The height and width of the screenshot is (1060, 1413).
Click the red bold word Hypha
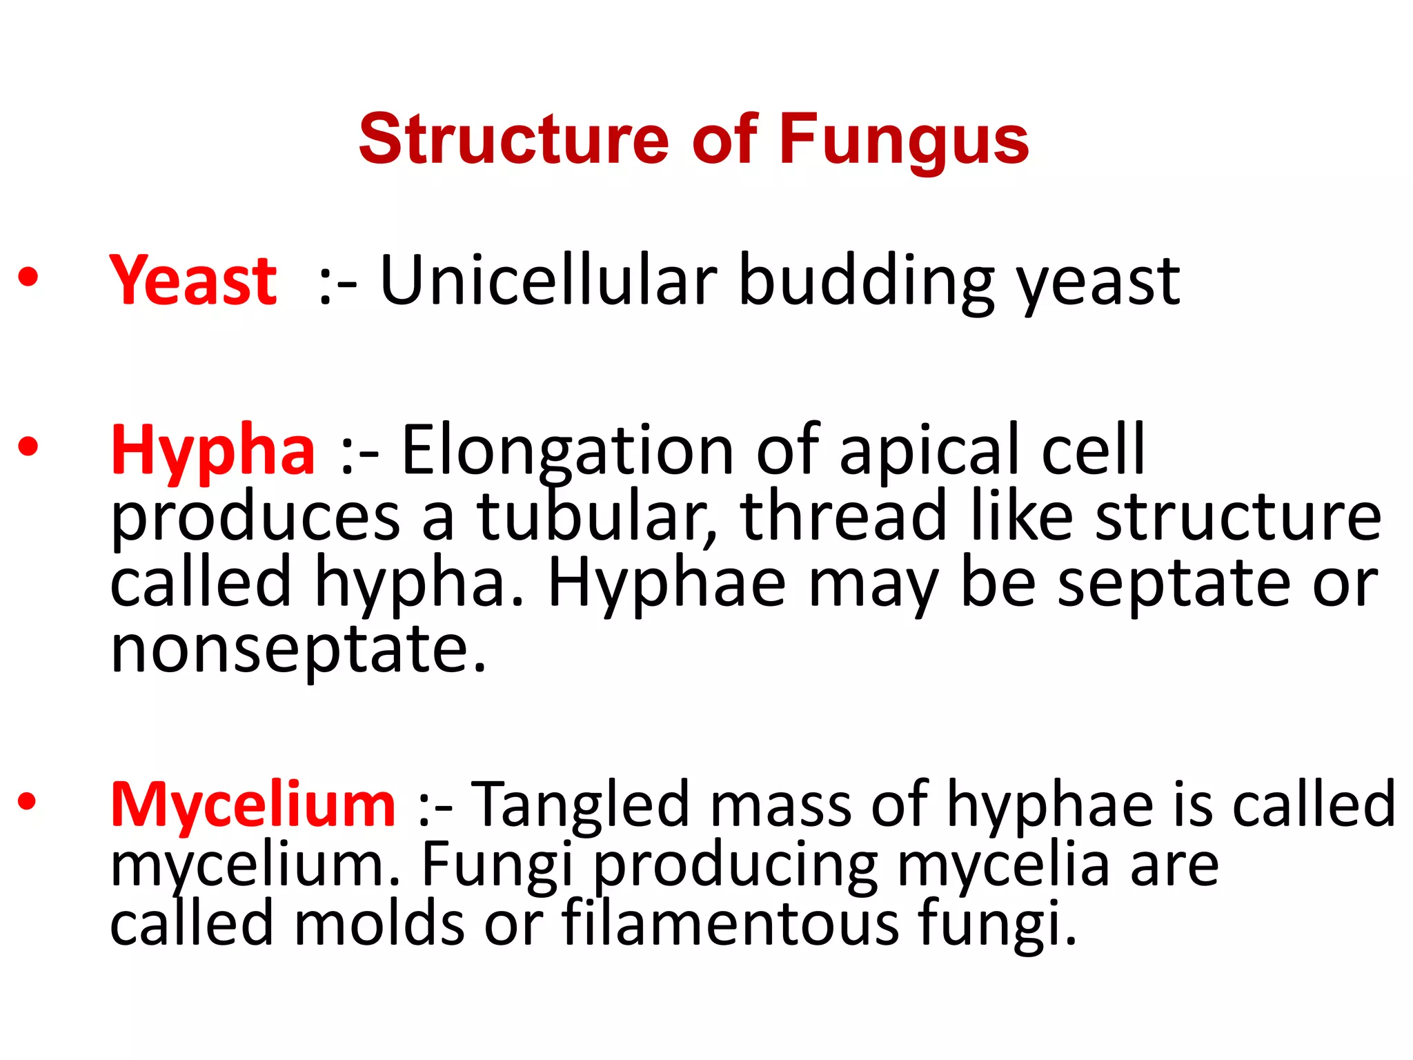tap(213, 450)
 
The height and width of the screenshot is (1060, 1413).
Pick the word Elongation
tap(567, 450)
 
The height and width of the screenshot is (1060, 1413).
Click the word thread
tap(844, 516)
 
